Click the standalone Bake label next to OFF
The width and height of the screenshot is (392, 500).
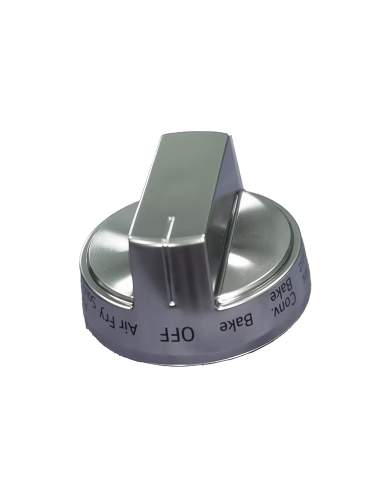[237, 324]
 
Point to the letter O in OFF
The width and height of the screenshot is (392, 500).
[188, 334]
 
